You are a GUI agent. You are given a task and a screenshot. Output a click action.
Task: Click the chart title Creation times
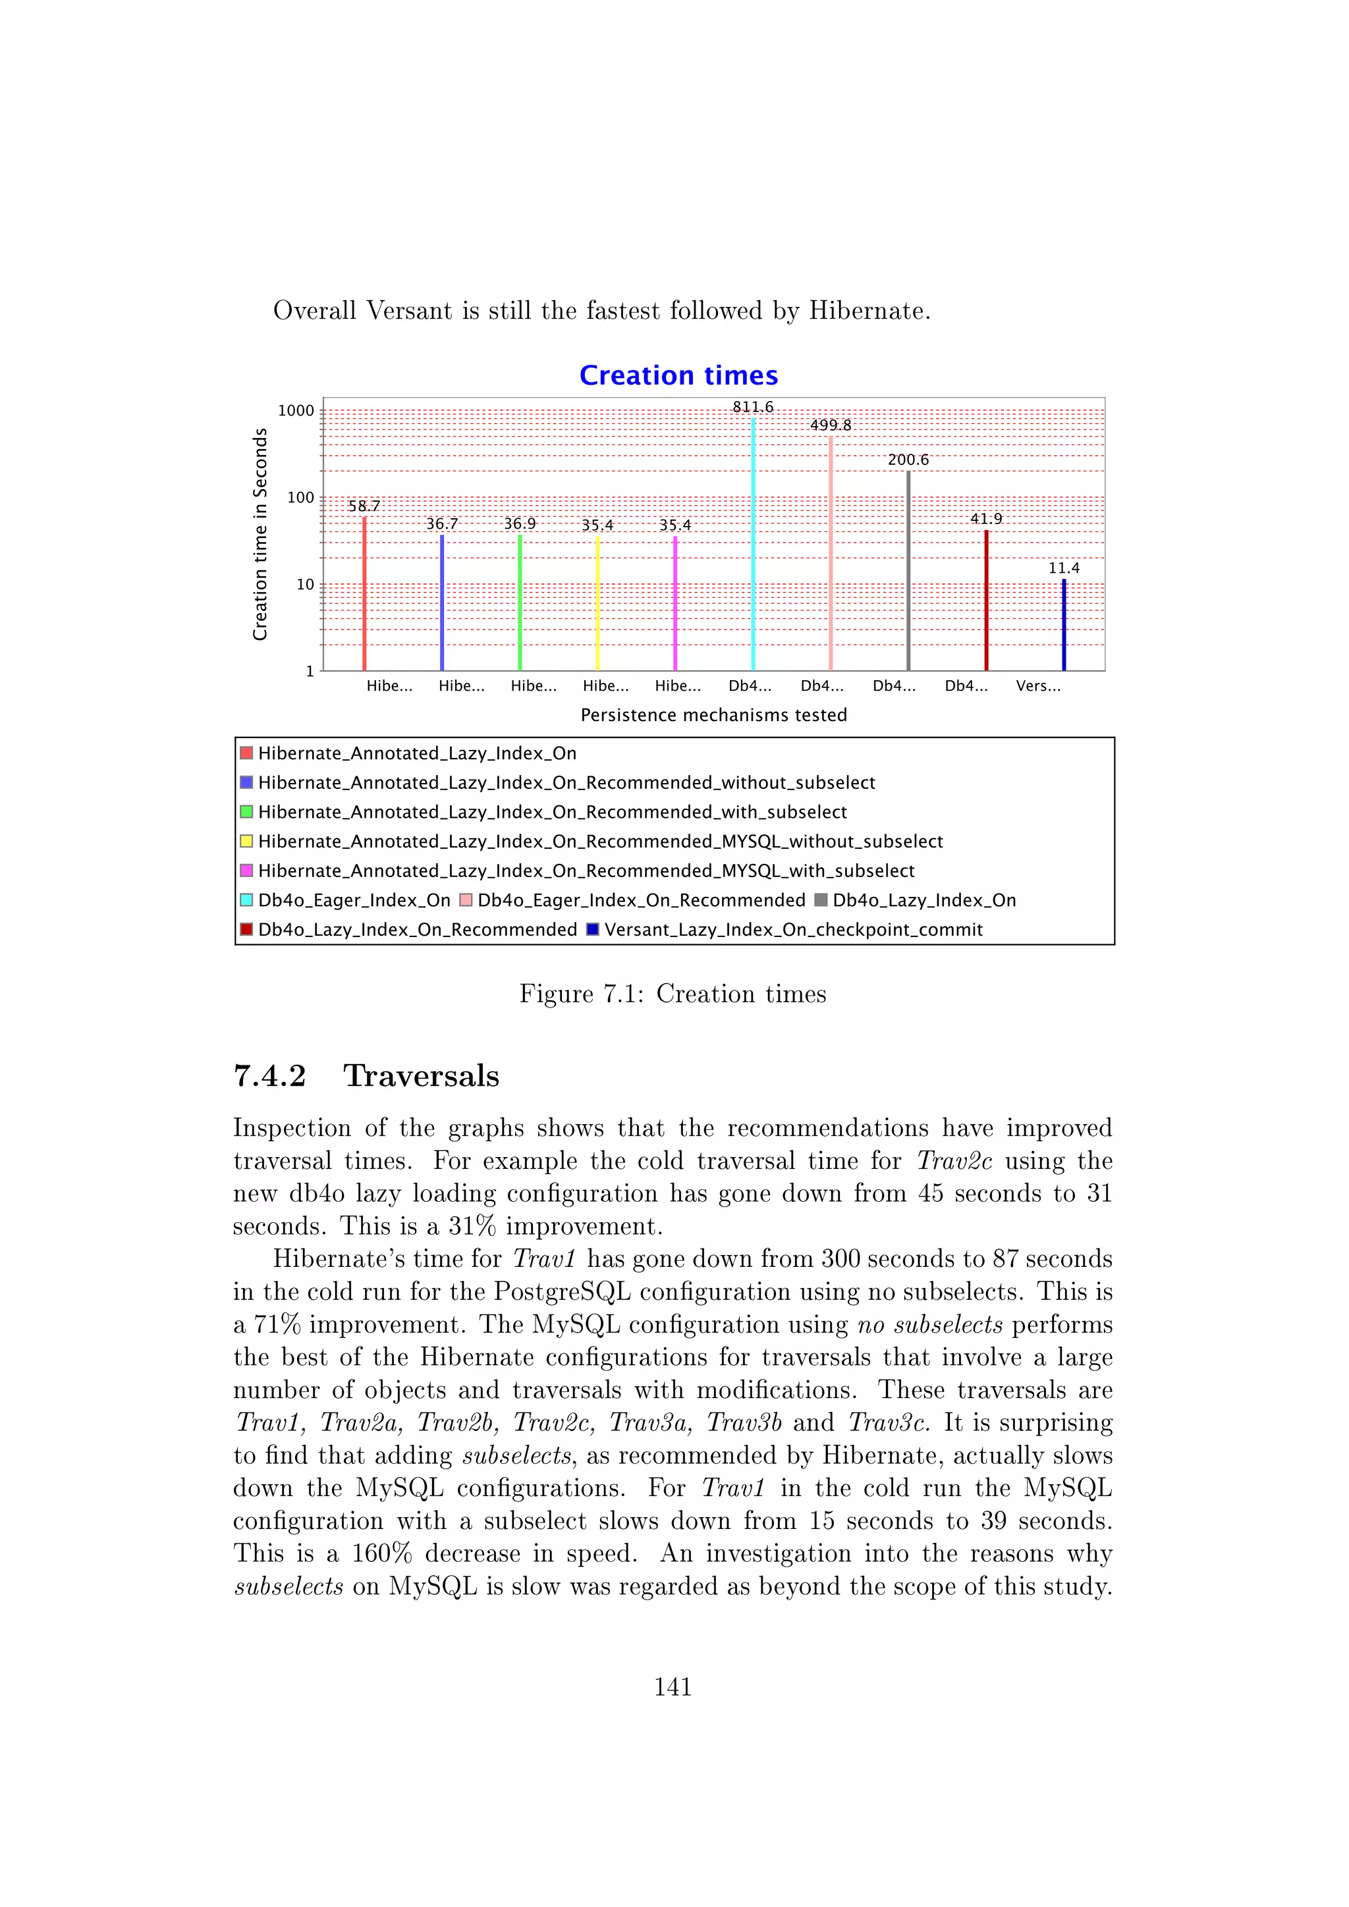[678, 375]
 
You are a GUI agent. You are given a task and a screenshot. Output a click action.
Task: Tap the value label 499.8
[830, 425]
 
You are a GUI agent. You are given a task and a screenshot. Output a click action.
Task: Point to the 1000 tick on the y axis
[296, 410]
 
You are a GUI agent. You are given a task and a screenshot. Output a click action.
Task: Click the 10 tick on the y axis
[305, 585]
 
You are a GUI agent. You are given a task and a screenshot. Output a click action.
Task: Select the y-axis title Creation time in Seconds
[260, 534]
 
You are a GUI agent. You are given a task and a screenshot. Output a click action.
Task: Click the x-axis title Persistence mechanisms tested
[713, 715]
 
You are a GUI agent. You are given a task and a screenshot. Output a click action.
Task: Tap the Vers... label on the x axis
[1037, 686]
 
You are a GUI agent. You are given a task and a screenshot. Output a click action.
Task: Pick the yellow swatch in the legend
[246, 842]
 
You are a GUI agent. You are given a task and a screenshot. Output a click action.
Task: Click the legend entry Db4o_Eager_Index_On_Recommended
[640, 900]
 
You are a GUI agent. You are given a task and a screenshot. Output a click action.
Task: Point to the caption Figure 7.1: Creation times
[673, 994]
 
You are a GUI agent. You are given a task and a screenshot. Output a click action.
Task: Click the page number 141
[673, 1687]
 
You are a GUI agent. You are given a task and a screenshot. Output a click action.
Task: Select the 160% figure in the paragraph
[381, 1553]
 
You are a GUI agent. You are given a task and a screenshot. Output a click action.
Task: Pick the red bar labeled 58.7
[364, 594]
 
